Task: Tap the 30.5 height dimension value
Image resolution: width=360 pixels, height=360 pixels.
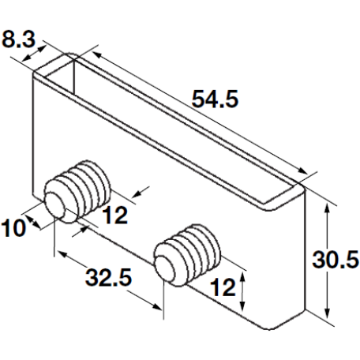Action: (336, 259)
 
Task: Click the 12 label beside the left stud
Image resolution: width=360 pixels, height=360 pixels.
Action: (115, 215)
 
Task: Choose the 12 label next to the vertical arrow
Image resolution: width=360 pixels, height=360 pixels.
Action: (223, 288)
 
